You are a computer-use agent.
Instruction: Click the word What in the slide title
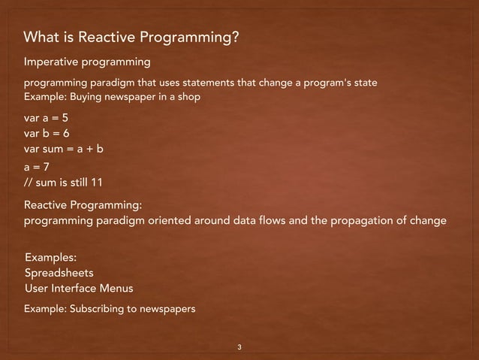point(41,38)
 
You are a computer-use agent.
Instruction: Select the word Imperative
point(53,60)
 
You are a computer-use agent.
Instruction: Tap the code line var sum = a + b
point(64,149)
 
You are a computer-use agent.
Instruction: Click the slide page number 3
point(239,347)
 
